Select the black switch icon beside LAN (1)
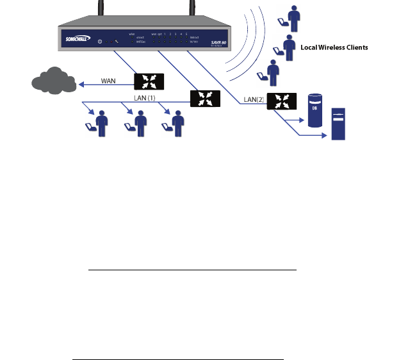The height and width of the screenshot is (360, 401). point(205,98)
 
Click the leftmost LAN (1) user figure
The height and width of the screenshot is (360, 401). point(99,124)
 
